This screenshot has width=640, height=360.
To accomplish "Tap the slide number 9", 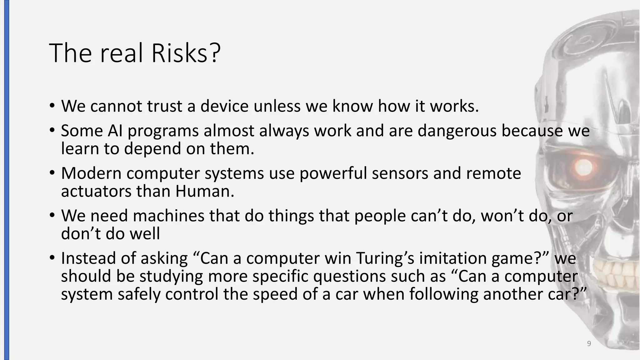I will click(589, 344).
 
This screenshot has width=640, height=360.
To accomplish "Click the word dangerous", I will click(457, 131).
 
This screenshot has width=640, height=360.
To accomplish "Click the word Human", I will click(204, 191).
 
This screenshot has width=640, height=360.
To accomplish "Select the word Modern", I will click(91, 173).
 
